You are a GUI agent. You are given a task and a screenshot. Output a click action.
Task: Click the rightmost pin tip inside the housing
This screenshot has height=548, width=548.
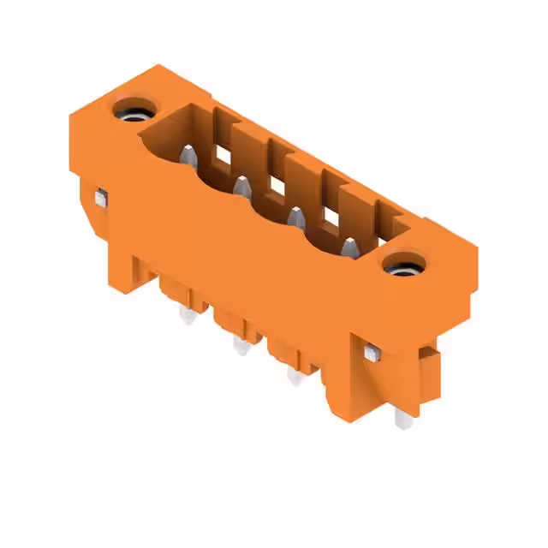[350, 247]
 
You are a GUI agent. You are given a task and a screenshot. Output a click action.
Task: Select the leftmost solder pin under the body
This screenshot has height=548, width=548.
[186, 318]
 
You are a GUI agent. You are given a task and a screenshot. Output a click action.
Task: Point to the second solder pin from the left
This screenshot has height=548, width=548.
[239, 345]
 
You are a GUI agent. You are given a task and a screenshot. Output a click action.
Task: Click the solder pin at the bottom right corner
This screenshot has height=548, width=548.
[402, 417]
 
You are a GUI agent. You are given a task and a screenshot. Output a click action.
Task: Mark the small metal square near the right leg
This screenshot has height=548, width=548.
[371, 353]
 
